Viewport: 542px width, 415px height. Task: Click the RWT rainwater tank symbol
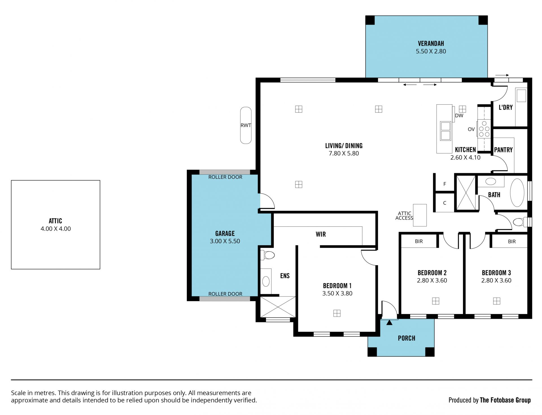point(246,125)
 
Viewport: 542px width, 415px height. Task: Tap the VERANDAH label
point(431,44)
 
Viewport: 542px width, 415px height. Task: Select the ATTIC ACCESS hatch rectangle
point(420,215)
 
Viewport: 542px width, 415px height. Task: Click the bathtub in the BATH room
point(517,193)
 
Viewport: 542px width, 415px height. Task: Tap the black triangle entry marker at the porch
point(389,322)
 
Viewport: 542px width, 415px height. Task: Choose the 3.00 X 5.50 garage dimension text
point(225,241)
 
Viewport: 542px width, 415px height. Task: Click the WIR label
point(321,234)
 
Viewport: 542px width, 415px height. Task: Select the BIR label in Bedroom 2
point(419,241)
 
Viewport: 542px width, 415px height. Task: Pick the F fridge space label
point(445,184)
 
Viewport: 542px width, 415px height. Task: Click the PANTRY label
point(503,150)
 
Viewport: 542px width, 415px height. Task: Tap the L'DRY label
point(506,107)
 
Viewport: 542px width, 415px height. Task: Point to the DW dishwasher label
point(459,116)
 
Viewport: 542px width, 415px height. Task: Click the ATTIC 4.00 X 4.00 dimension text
point(56,229)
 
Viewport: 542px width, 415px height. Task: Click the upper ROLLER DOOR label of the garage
point(225,177)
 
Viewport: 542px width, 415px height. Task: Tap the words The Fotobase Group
point(505,400)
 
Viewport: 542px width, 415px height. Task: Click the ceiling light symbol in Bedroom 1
point(337,313)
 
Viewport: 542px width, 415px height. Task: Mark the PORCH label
point(406,338)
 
